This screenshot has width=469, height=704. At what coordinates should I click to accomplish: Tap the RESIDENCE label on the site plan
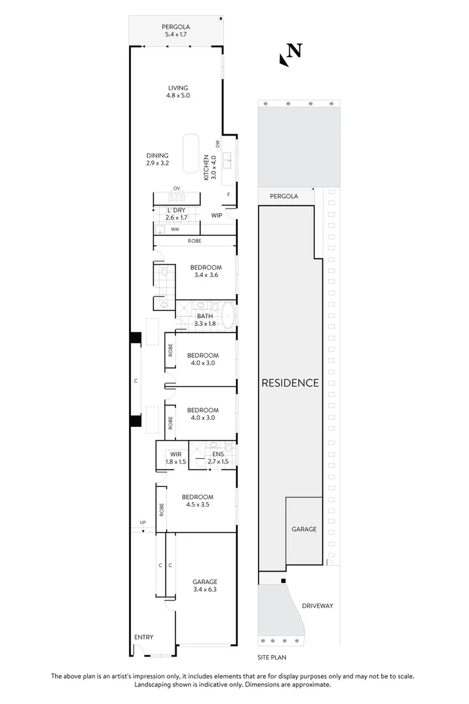[290, 383]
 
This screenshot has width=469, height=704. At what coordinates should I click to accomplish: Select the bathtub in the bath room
[228, 315]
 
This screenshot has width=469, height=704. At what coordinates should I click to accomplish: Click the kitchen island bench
[190, 153]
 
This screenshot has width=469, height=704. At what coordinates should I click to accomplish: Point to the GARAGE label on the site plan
[304, 529]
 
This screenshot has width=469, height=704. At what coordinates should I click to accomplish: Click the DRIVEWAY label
[317, 606]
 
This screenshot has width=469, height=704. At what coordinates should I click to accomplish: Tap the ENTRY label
[144, 637]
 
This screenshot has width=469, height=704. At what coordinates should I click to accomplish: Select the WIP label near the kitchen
[217, 214]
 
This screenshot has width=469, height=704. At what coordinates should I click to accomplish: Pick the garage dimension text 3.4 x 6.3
[205, 590]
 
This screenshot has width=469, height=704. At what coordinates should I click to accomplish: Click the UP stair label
[143, 523]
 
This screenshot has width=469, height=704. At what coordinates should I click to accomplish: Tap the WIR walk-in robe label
[175, 454]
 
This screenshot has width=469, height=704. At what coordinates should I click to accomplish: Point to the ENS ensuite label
[217, 454]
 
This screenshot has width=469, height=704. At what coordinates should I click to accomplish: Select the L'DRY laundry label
[176, 210]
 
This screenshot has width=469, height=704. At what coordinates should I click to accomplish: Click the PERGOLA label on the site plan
[284, 196]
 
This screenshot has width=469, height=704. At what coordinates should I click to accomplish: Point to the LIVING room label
[178, 88]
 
